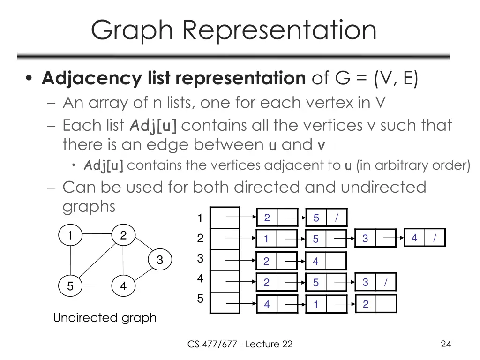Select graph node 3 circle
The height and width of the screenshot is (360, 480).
click(160, 260)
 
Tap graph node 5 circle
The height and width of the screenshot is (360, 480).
click(70, 286)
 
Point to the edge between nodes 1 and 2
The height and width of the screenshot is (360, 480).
click(97, 233)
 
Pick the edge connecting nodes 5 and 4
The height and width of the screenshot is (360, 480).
click(97, 285)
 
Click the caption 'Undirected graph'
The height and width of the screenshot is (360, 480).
click(105, 318)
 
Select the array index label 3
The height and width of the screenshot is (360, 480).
click(200, 258)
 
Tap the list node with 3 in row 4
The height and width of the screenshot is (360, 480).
click(375, 282)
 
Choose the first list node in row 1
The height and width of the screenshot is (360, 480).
click(277, 217)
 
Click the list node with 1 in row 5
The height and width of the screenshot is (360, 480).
click(326, 305)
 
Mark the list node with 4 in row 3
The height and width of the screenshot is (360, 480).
click(326, 261)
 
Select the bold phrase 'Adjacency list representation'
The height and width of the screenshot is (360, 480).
click(173, 78)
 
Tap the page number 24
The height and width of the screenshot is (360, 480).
click(446, 345)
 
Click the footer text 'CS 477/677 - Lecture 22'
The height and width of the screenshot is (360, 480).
click(240, 345)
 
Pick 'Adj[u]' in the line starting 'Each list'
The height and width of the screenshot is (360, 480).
click(153, 126)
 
